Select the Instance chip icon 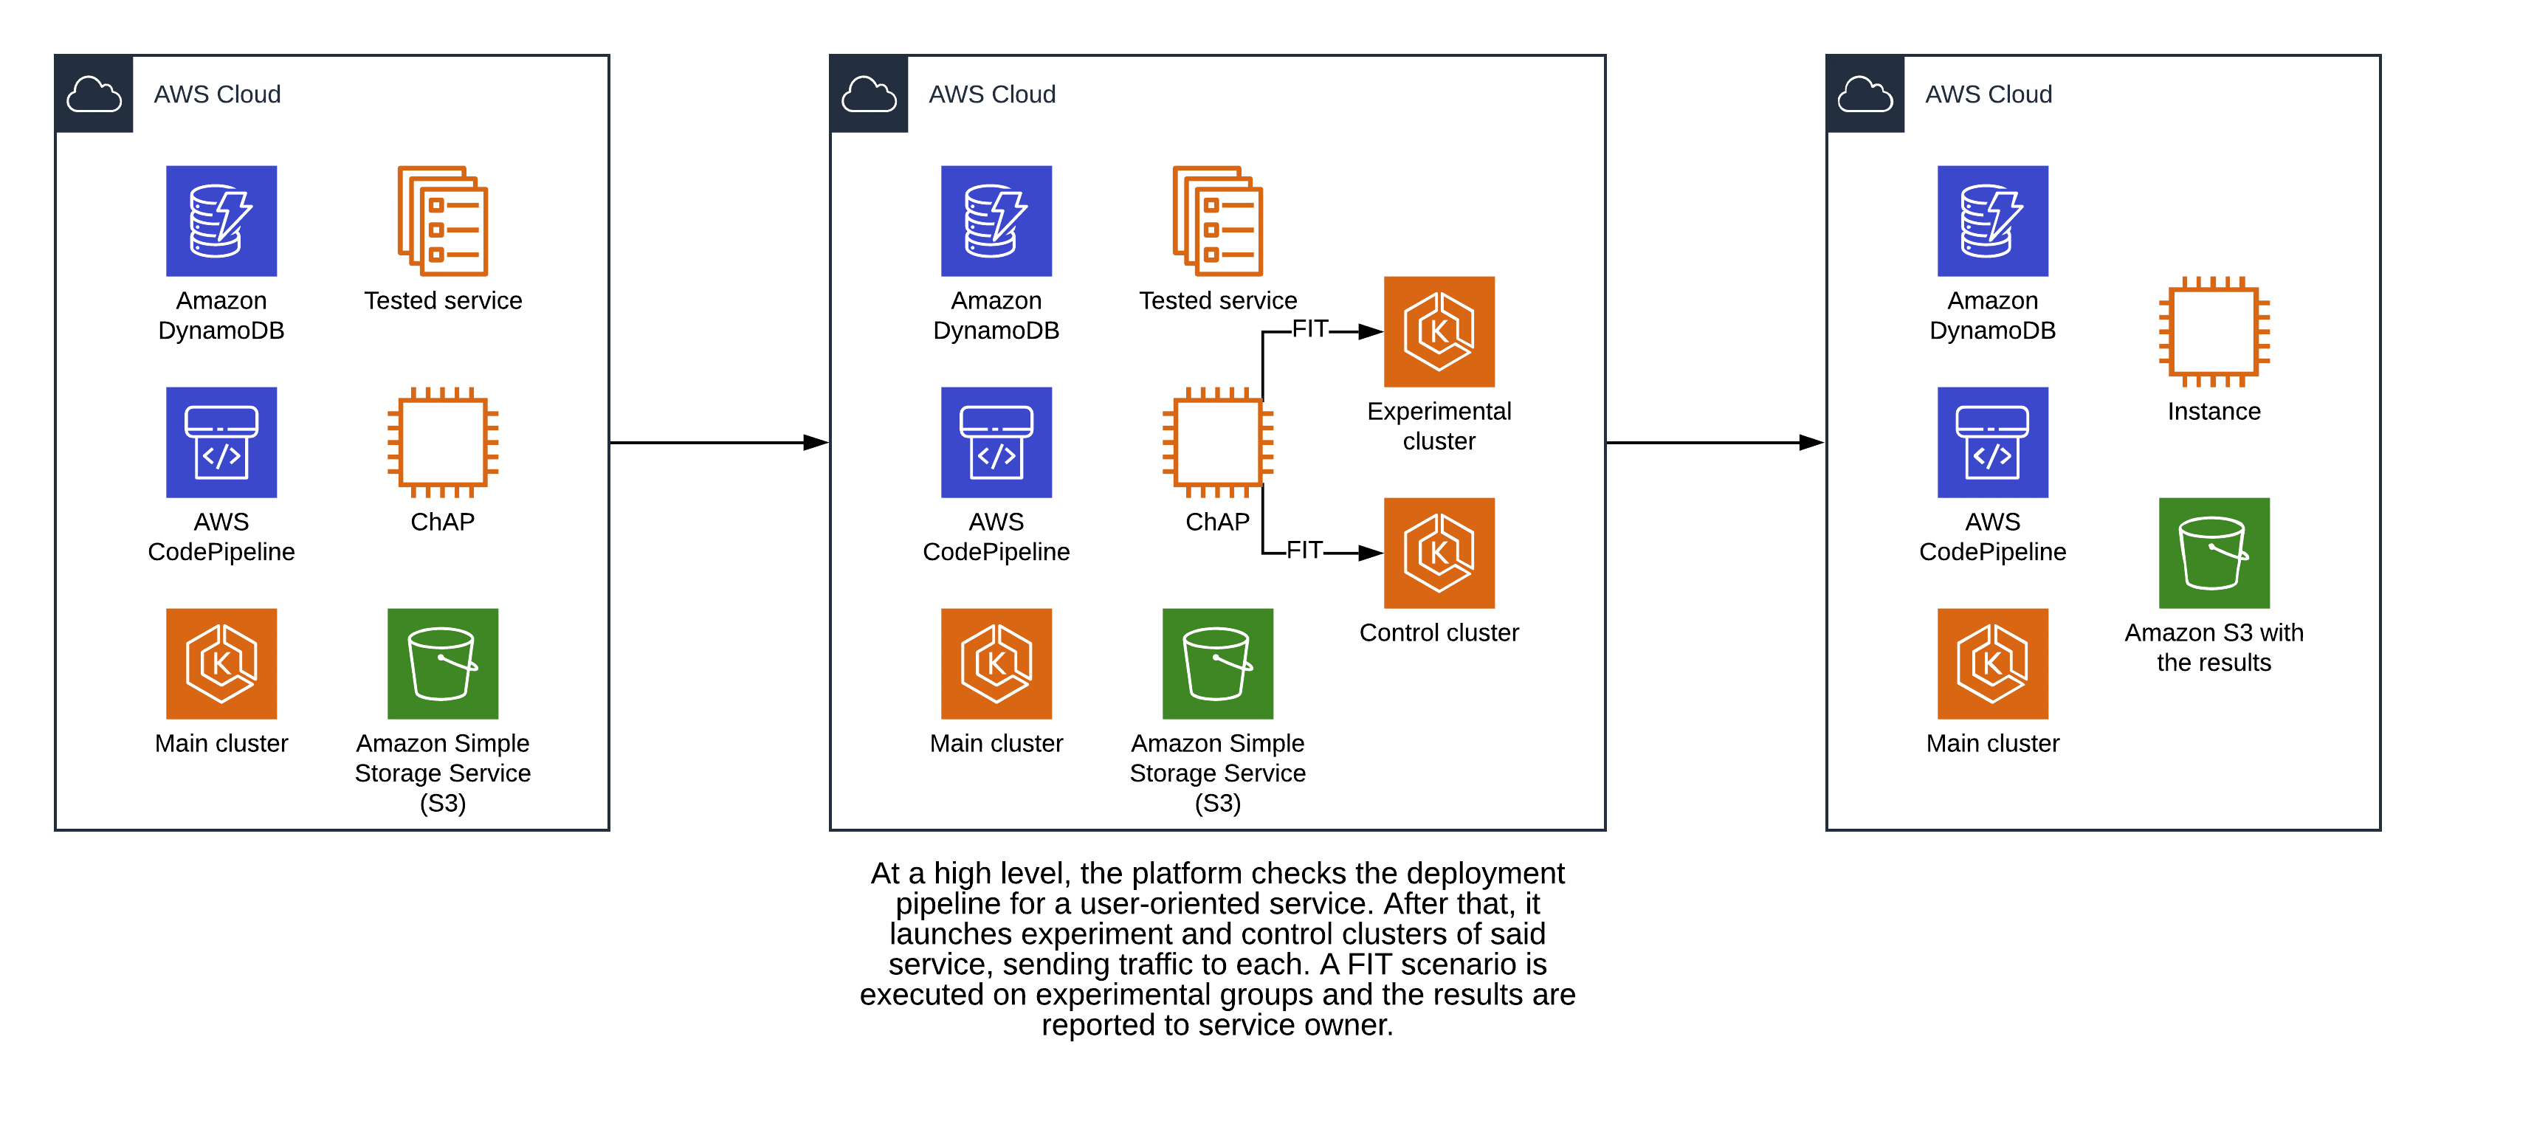[2214, 331]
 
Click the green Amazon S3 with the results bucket [2214, 553]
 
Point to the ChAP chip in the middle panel [1217, 443]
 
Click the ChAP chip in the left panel [443, 443]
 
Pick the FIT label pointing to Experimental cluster [1309, 329]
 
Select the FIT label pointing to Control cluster [1304, 551]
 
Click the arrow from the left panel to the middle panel [718, 443]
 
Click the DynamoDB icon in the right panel [1992, 221]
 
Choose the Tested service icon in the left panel [443, 221]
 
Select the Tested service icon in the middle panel [1217, 221]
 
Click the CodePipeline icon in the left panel [221, 443]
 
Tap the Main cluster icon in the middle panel [996, 664]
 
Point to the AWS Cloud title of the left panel [218, 94]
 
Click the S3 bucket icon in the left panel [443, 664]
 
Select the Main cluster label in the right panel [1992, 744]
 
